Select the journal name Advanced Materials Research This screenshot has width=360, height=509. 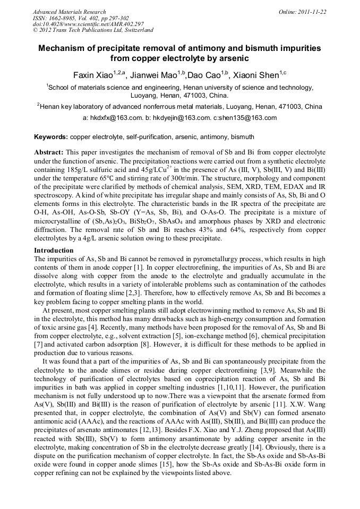(x=69, y=12)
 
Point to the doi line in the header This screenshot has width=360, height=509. (x=88, y=24)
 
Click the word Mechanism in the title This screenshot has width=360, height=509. (x=63, y=48)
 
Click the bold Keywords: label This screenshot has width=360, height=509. (x=51, y=137)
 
